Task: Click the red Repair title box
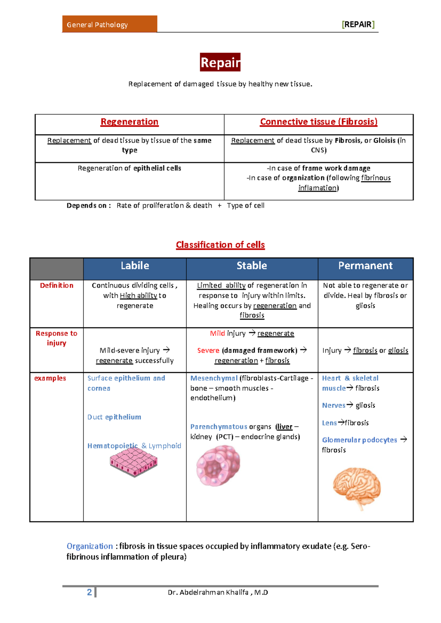coord(220,62)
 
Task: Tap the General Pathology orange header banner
coord(110,24)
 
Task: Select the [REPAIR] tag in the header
coord(358,25)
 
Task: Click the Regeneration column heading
coord(129,122)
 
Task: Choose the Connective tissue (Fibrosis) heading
coord(318,122)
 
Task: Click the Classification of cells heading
coord(220,245)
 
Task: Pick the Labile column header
coord(135,266)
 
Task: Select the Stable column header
coord(252,266)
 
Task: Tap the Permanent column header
coord(365,266)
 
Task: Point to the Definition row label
coord(57,285)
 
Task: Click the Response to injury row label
coord(56,338)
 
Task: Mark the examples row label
coord(50,378)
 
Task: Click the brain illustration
coord(357,487)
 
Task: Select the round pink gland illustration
coord(218,465)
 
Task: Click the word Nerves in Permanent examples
coord(334,406)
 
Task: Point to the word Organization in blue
coord(90,546)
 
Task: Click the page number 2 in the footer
coord(89,592)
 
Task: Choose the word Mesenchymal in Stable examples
coord(214,378)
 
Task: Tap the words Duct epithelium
coord(114,417)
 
